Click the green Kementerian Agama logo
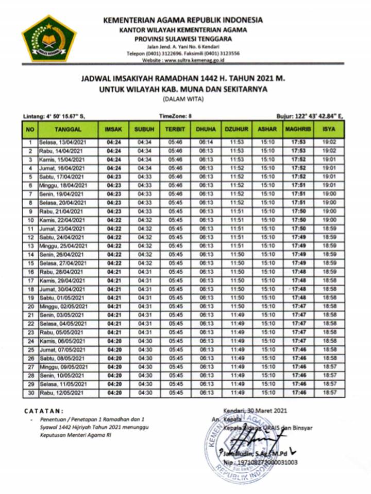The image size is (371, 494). pyautogui.click(x=49, y=38)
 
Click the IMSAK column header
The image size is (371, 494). pyautogui.click(x=113, y=129)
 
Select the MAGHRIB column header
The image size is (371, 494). pyautogui.click(x=298, y=129)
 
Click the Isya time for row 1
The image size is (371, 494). pyautogui.click(x=329, y=142)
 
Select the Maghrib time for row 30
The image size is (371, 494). pyautogui.click(x=298, y=393)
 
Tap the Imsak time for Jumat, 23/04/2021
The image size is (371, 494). pyautogui.click(x=113, y=228)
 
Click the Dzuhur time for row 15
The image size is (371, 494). pyautogui.click(x=237, y=263)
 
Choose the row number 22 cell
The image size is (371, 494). pyautogui.click(x=30, y=324)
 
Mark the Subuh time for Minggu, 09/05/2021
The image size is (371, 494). pyautogui.click(x=144, y=367)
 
